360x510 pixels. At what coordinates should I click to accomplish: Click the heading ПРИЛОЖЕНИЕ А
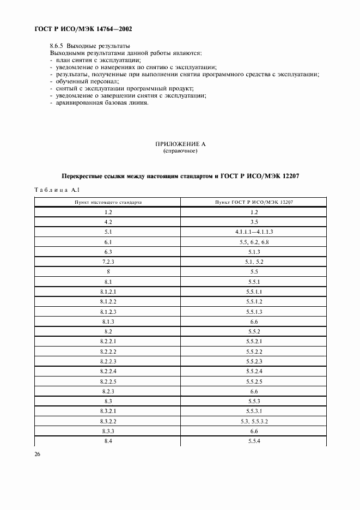click(x=180, y=144)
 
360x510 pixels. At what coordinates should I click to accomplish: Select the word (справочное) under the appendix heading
click(x=180, y=151)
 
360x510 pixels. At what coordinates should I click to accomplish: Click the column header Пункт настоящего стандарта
click(x=108, y=202)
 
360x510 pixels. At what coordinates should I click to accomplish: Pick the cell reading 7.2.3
click(x=108, y=262)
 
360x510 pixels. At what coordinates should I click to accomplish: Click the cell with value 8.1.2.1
click(x=108, y=292)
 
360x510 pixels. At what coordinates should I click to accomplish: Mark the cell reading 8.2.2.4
click(x=108, y=371)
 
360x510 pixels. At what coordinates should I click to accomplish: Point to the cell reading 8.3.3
click(x=108, y=431)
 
